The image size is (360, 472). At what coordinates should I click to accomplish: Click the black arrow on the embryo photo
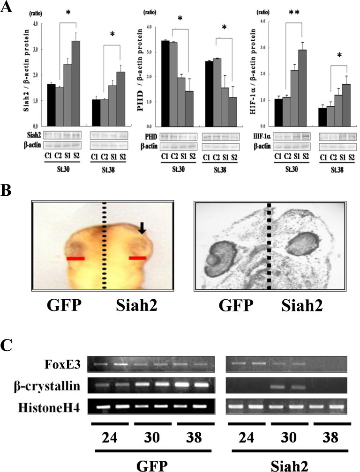(143, 228)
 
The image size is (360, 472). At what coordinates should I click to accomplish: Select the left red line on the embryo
(75, 258)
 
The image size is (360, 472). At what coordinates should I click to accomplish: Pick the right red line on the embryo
(138, 258)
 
